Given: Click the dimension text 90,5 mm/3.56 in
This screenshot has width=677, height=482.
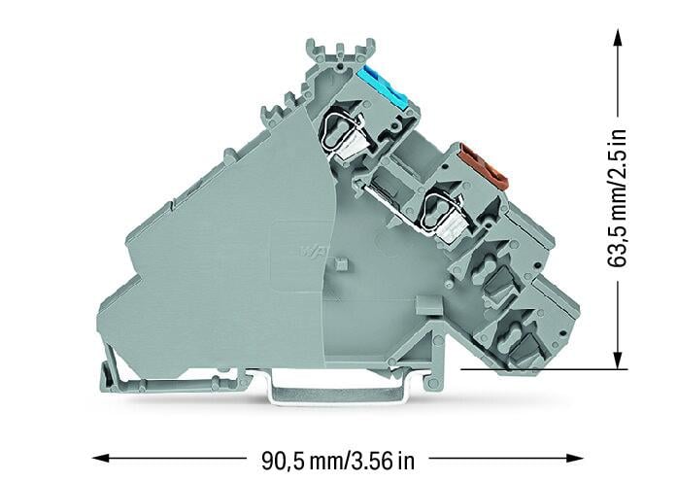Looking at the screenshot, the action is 338,461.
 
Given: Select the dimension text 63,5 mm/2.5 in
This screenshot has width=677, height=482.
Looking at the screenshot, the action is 616,198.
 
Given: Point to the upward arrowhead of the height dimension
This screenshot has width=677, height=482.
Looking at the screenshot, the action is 619,42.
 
